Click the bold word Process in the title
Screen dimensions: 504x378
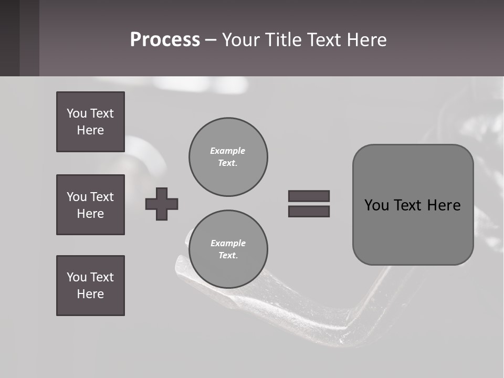pos(165,40)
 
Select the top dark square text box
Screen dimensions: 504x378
pos(90,122)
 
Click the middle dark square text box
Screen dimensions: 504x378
pos(90,205)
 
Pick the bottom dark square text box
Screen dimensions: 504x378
pos(90,286)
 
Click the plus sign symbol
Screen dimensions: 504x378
pos(162,204)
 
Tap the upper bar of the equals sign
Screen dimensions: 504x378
pos(309,196)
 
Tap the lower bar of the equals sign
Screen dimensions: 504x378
pos(309,211)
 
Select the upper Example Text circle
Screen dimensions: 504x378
pos(228,157)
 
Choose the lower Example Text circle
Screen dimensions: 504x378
pos(228,249)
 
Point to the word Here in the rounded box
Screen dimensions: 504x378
pos(444,205)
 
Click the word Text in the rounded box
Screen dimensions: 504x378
pos(408,205)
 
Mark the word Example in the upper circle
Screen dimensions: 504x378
pos(227,151)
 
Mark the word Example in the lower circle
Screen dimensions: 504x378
pos(228,243)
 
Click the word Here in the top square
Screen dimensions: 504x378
pos(90,130)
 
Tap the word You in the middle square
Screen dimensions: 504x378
pos(77,197)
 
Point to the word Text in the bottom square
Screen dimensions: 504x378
pos(102,277)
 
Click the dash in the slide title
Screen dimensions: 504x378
pos(211,40)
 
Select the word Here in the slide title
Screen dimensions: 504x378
pos(367,40)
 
